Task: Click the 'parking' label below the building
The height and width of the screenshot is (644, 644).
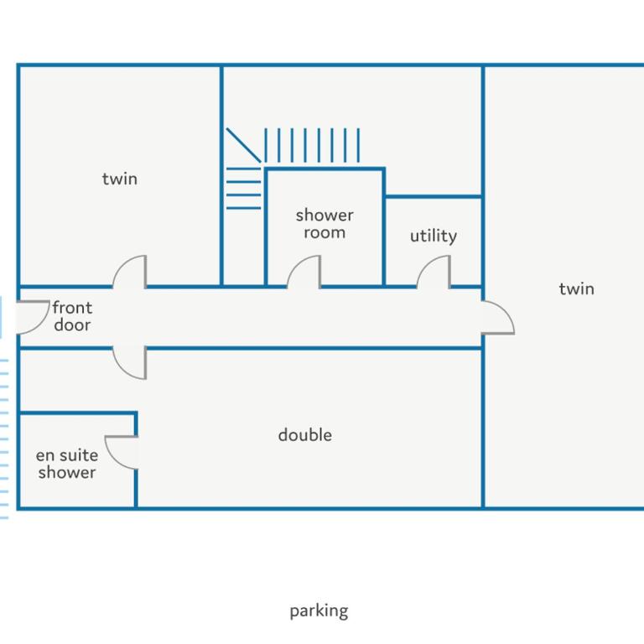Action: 319,611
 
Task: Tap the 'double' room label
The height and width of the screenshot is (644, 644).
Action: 304,435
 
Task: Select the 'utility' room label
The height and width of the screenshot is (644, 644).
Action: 434,236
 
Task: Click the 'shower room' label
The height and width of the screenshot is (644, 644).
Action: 325,224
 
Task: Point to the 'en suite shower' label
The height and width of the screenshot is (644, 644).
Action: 67,464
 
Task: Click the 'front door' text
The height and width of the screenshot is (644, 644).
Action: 72,316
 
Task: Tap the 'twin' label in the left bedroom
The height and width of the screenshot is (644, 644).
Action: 120,179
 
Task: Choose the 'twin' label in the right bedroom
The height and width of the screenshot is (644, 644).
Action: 576,288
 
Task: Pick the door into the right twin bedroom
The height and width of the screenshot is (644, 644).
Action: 506,311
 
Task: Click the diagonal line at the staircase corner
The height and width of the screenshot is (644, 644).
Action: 243,145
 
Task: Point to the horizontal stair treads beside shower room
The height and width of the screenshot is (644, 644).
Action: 243,188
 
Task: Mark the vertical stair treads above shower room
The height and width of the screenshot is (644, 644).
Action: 312,145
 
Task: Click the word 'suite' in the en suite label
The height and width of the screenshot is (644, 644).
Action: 79,455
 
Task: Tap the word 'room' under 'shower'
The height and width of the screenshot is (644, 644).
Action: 325,232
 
